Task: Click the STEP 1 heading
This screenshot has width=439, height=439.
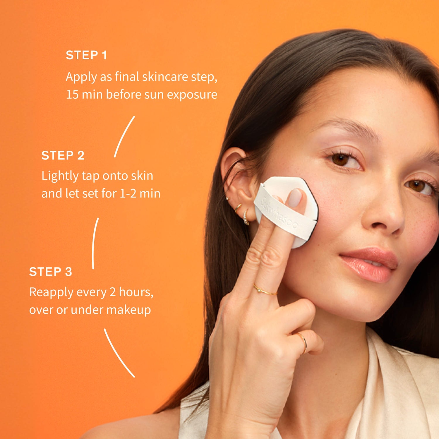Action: pyautogui.click(x=86, y=55)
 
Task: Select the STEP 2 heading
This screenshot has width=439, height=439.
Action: pyautogui.click(x=63, y=155)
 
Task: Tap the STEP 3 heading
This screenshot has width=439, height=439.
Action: pyautogui.click(x=51, y=272)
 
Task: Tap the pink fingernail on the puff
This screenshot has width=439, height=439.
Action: pyautogui.click(x=295, y=198)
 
